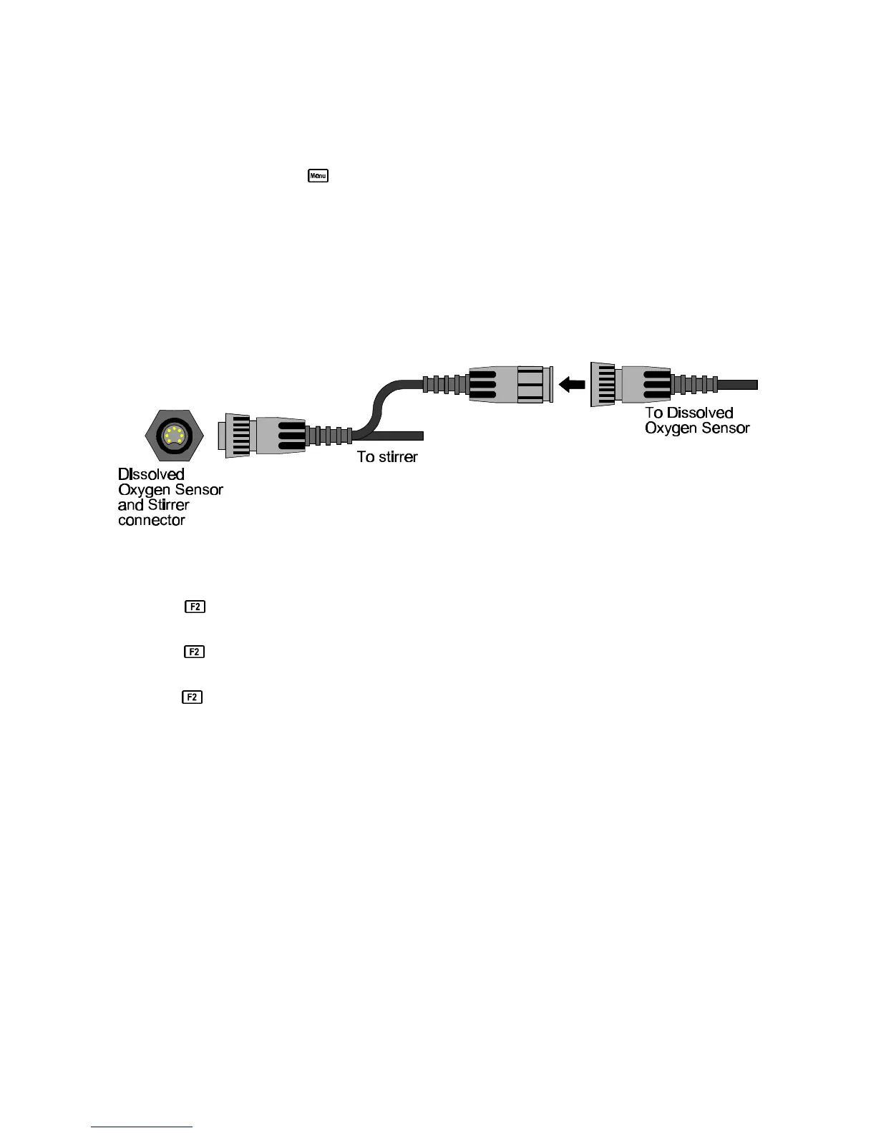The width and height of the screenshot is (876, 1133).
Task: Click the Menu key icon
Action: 318,175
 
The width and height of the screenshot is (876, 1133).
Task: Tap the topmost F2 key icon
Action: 195,607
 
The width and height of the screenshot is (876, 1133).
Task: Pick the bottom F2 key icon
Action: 193,697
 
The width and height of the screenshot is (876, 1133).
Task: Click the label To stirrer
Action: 387,457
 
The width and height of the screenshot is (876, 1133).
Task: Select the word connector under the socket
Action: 152,521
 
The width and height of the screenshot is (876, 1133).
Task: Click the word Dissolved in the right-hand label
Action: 699,413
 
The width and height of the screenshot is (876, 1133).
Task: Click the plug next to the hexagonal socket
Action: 265,435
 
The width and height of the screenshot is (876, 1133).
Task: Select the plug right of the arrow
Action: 630,385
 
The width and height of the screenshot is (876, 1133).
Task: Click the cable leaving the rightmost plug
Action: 737,385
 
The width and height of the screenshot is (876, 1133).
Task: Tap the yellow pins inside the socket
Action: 174,435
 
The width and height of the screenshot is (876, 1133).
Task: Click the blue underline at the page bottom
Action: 142,1127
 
